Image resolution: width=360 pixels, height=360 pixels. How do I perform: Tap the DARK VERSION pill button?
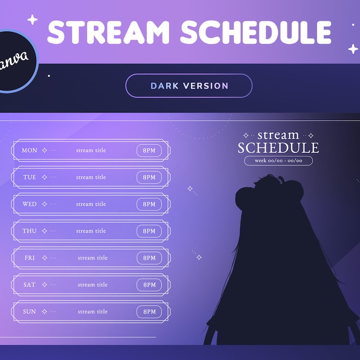coord(189,86)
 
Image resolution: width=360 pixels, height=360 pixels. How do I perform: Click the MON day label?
coord(30,150)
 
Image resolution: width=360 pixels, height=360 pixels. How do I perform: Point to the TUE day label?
coord(30,177)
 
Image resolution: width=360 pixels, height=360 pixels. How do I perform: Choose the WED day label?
coord(30,204)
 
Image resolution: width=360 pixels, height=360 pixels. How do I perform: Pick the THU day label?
coord(30,231)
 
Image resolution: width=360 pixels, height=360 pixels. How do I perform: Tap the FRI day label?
coord(30,258)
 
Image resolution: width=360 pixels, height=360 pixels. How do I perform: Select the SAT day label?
coord(30,285)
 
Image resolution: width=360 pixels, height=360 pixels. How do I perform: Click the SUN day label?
coord(30,311)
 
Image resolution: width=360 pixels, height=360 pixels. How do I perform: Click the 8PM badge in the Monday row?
coord(149,150)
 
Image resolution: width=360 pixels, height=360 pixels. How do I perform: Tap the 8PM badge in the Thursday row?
coord(149,231)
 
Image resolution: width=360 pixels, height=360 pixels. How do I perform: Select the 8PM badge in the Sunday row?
coord(149,311)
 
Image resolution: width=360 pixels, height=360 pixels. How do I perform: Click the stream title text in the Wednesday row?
coord(91,204)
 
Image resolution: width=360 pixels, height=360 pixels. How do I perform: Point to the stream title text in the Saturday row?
coord(92,285)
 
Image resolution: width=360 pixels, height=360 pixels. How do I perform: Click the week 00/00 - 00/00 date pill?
coord(278,161)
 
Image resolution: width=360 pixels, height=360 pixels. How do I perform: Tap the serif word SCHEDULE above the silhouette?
coord(278,148)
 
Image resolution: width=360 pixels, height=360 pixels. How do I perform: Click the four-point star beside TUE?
coord(44,177)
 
